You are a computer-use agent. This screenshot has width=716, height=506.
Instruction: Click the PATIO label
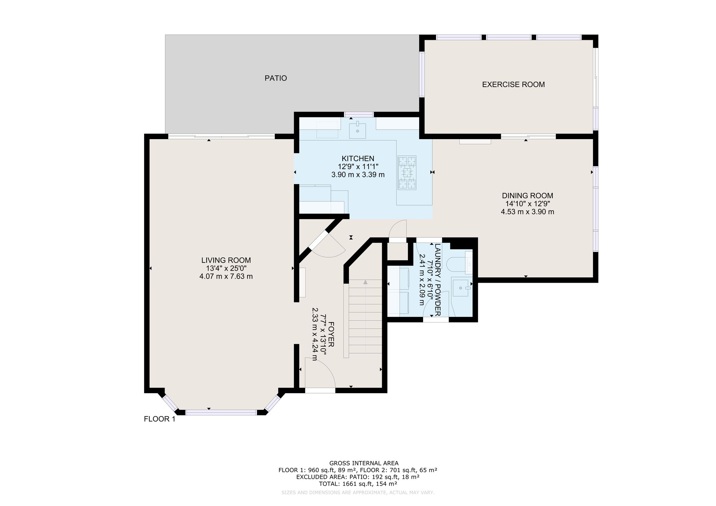pos(275,78)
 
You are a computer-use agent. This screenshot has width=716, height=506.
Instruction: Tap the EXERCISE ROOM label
pos(513,85)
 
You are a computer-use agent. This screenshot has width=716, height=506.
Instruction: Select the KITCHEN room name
pos(358,159)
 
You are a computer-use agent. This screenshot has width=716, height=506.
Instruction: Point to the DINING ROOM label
pos(528,196)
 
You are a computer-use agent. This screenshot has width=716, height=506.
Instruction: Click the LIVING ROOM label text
pos(226,260)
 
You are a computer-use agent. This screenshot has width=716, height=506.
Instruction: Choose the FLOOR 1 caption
pos(159,419)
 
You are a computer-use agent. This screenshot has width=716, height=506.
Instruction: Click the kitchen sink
pos(357,130)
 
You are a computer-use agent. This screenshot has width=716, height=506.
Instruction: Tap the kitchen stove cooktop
pos(407,173)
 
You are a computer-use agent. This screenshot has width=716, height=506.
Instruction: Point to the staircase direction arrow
pos(365,282)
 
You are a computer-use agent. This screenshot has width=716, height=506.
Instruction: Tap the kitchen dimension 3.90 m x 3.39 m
pos(358,175)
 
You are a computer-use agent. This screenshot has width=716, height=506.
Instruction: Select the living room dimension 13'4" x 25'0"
pos(226,268)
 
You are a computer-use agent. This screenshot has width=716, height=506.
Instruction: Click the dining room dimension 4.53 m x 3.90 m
pos(528,212)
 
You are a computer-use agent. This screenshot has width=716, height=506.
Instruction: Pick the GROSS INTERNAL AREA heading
pos(358,463)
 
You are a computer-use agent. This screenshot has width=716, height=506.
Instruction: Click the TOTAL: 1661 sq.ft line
pos(358,484)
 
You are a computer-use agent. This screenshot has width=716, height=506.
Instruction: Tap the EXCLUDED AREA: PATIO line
pos(358,477)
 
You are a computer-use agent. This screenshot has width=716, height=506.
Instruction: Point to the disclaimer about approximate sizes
pos(358,493)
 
